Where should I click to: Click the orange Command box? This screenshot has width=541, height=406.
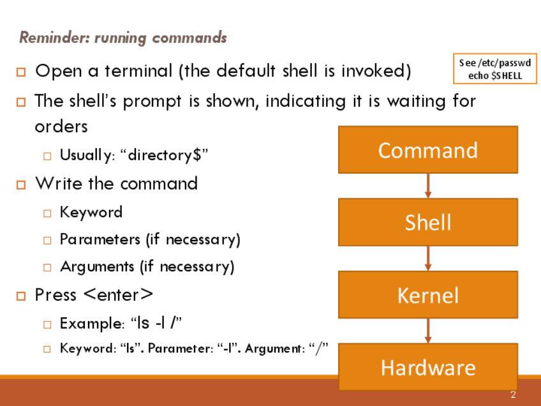click(x=427, y=150)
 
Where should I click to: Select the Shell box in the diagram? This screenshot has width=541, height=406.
click(x=427, y=222)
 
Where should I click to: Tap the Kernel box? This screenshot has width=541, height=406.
click(x=427, y=295)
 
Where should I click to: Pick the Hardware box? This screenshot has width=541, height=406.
click(x=427, y=367)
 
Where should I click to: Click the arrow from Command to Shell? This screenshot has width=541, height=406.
click(x=428, y=186)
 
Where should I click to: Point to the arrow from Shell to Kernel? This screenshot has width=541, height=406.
click(x=428, y=259)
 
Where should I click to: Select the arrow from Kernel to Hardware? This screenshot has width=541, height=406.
click(x=428, y=331)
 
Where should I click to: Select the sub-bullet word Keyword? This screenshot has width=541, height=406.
click(x=91, y=212)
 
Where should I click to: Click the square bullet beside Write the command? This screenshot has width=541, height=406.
click(x=21, y=184)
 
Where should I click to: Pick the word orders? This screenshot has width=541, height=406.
click(x=61, y=126)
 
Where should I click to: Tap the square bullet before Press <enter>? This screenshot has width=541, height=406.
click(x=21, y=296)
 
